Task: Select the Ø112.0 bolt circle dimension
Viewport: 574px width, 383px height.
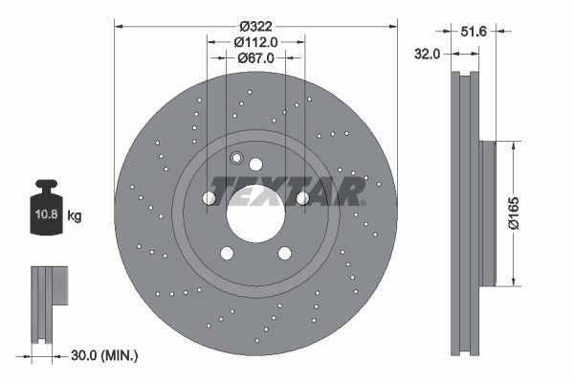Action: point(255,41)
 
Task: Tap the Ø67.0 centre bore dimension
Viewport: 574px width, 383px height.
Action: point(255,57)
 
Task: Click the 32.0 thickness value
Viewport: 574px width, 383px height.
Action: point(427,55)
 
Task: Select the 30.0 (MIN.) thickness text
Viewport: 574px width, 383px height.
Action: point(104,355)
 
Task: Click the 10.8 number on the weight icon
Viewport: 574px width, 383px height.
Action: point(45,216)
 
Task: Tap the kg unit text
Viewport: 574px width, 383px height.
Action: point(75,216)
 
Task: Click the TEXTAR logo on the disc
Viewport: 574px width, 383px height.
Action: point(287,191)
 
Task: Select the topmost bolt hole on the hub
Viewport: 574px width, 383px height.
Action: point(255,165)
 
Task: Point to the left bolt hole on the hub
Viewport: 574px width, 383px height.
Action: point(209,198)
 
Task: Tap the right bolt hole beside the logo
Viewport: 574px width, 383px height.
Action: point(302,198)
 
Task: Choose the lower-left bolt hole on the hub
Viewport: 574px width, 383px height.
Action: point(227,254)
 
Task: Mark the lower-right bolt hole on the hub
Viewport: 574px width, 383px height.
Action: point(284,254)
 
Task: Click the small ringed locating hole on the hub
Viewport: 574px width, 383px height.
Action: point(236,158)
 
